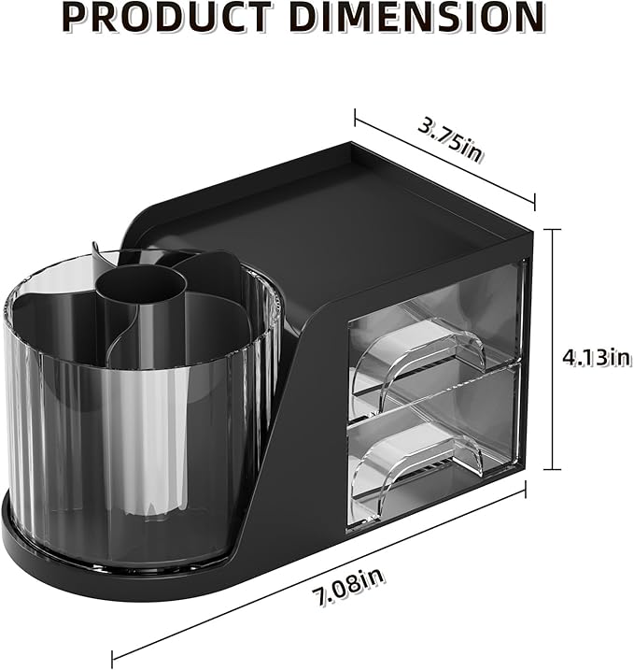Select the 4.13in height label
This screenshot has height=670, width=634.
[x=595, y=356]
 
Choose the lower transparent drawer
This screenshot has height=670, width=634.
[x=434, y=439]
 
